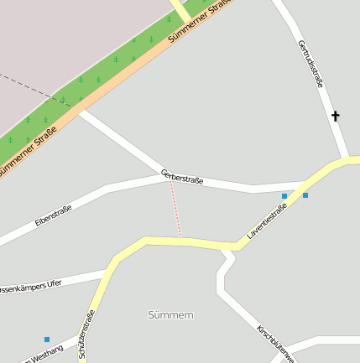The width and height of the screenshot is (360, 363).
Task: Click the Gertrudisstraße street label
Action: coord(310,63)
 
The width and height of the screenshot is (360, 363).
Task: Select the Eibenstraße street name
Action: coord(54,215)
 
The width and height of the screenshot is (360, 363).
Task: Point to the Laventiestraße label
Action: coord(267,221)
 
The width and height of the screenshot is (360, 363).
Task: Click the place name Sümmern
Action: coord(170,315)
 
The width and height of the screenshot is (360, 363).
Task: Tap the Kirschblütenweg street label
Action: coord(276,343)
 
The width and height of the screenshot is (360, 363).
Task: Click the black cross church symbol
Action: coord(337,116)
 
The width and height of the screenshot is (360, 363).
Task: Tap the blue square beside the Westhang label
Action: coord(47,340)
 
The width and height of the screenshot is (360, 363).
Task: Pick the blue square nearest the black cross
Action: coord(305,195)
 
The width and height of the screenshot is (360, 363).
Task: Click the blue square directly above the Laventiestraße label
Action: coord(284,196)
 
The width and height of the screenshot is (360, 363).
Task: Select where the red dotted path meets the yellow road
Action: coord(180,240)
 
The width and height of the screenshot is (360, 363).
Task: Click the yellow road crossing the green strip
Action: coord(178,11)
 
